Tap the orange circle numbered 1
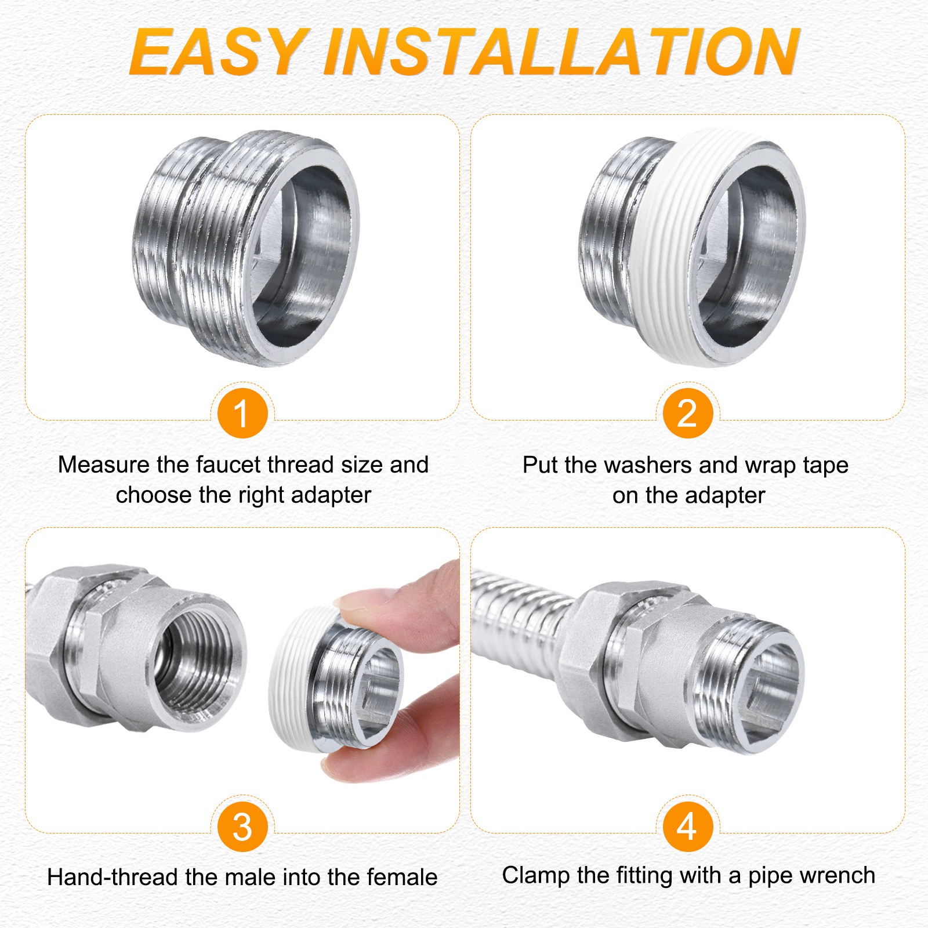[242, 413]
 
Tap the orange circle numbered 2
[687, 413]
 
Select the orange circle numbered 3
[242, 826]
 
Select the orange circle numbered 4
[687, 826]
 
